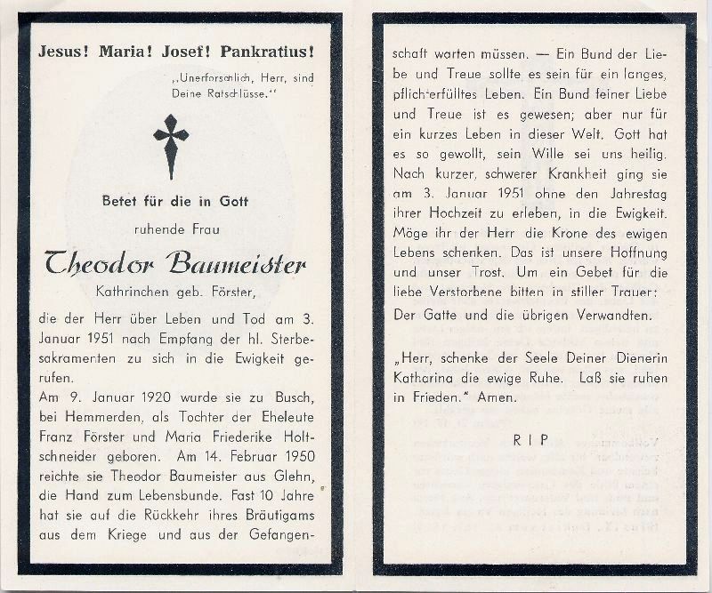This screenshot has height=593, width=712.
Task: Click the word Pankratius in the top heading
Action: tap(275, 51)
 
